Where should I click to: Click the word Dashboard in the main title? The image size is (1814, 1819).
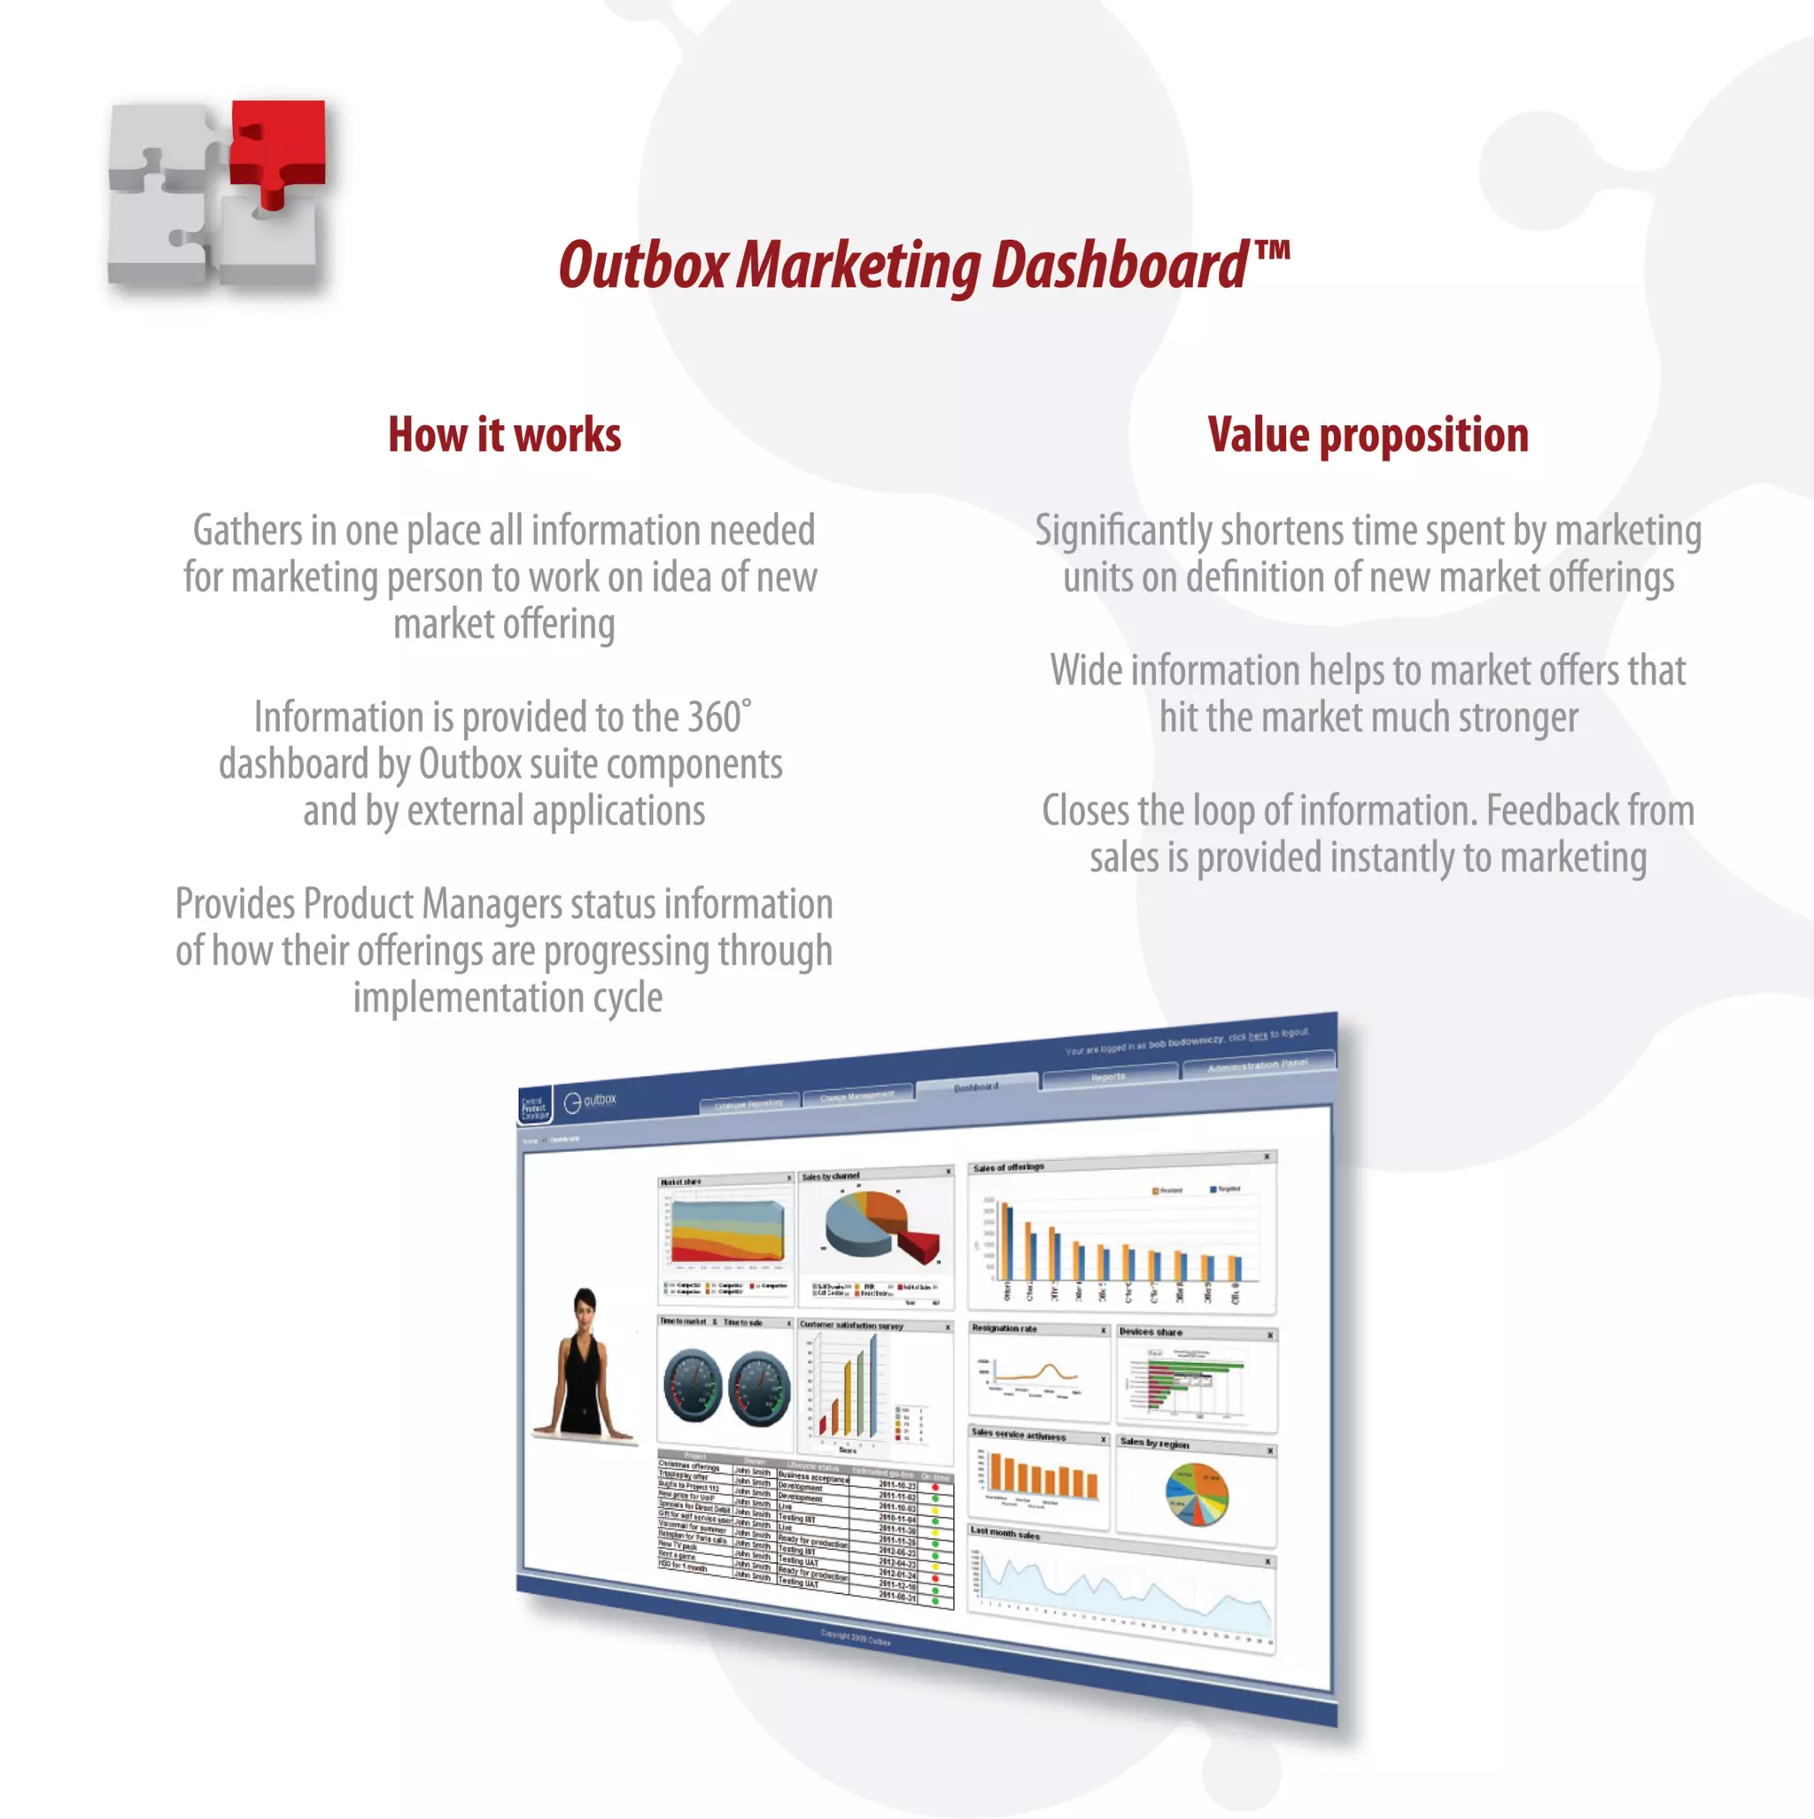click(1120, 267)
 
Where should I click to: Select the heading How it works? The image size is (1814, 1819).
click(504, 435)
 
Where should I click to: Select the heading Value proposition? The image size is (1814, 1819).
click(1368, 435)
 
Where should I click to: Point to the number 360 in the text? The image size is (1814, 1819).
click(714, 718)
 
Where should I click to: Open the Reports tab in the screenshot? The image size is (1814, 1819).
click(1109, 1076)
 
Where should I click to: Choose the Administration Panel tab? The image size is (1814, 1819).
click(1258, 1064)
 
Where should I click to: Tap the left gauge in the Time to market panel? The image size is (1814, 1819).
click(693, 1386)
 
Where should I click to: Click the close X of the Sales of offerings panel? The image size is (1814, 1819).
click(1267, 1157)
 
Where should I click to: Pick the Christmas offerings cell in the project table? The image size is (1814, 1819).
click(688, 1466)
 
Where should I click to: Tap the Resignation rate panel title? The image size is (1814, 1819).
click(1004, 1328)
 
